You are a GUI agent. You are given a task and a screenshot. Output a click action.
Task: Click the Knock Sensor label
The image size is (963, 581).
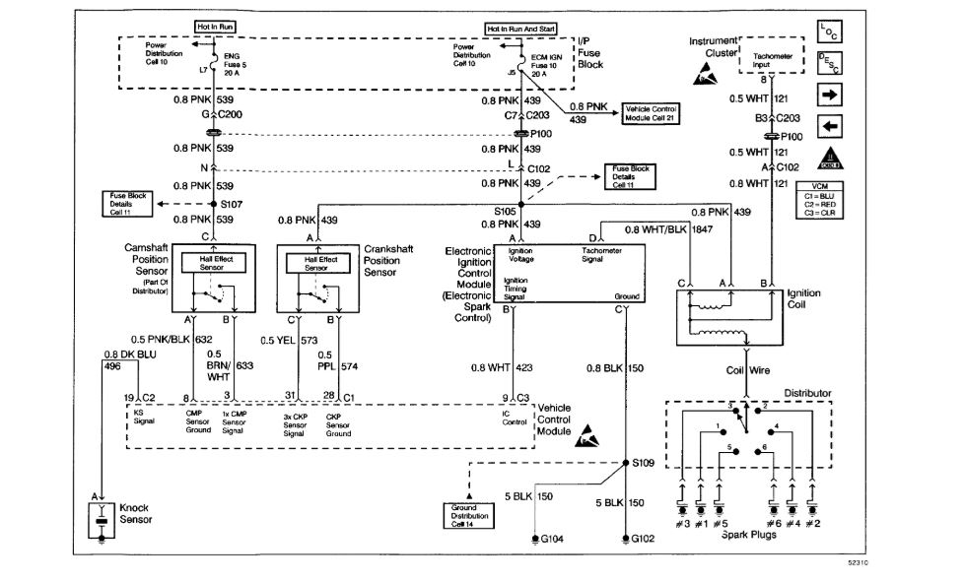(x=135, y=514)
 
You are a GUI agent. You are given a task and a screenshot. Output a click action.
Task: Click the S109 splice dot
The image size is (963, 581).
(x=626, y=462)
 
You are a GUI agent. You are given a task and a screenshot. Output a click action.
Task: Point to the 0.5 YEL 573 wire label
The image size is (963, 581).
(x=290, y=340)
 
